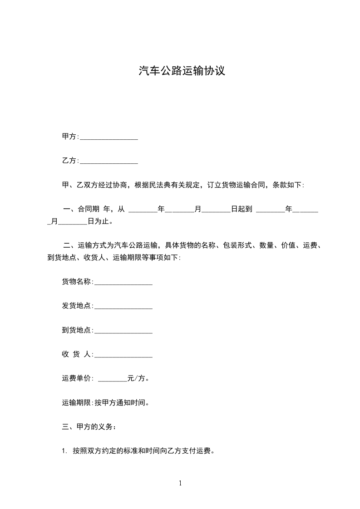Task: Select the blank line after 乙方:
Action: (x=109, y=162)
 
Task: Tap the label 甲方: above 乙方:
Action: (x=70, y=137)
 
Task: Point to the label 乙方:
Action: (x=70, y=161)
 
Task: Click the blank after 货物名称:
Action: (x=123, y=283)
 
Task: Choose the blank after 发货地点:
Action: (x=123, y=307)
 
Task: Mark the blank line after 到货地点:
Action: (x=123, y=331)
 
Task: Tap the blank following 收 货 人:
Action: (x=123, y=355)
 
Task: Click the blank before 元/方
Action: (x=113, y=379)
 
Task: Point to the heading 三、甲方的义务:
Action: (x=89, y=427)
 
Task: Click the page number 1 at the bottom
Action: (x=180, y=483)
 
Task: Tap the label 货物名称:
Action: (x=78, y=282)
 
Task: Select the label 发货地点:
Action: (x=78, y=306)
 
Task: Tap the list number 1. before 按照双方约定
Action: (x=64, y=451)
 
